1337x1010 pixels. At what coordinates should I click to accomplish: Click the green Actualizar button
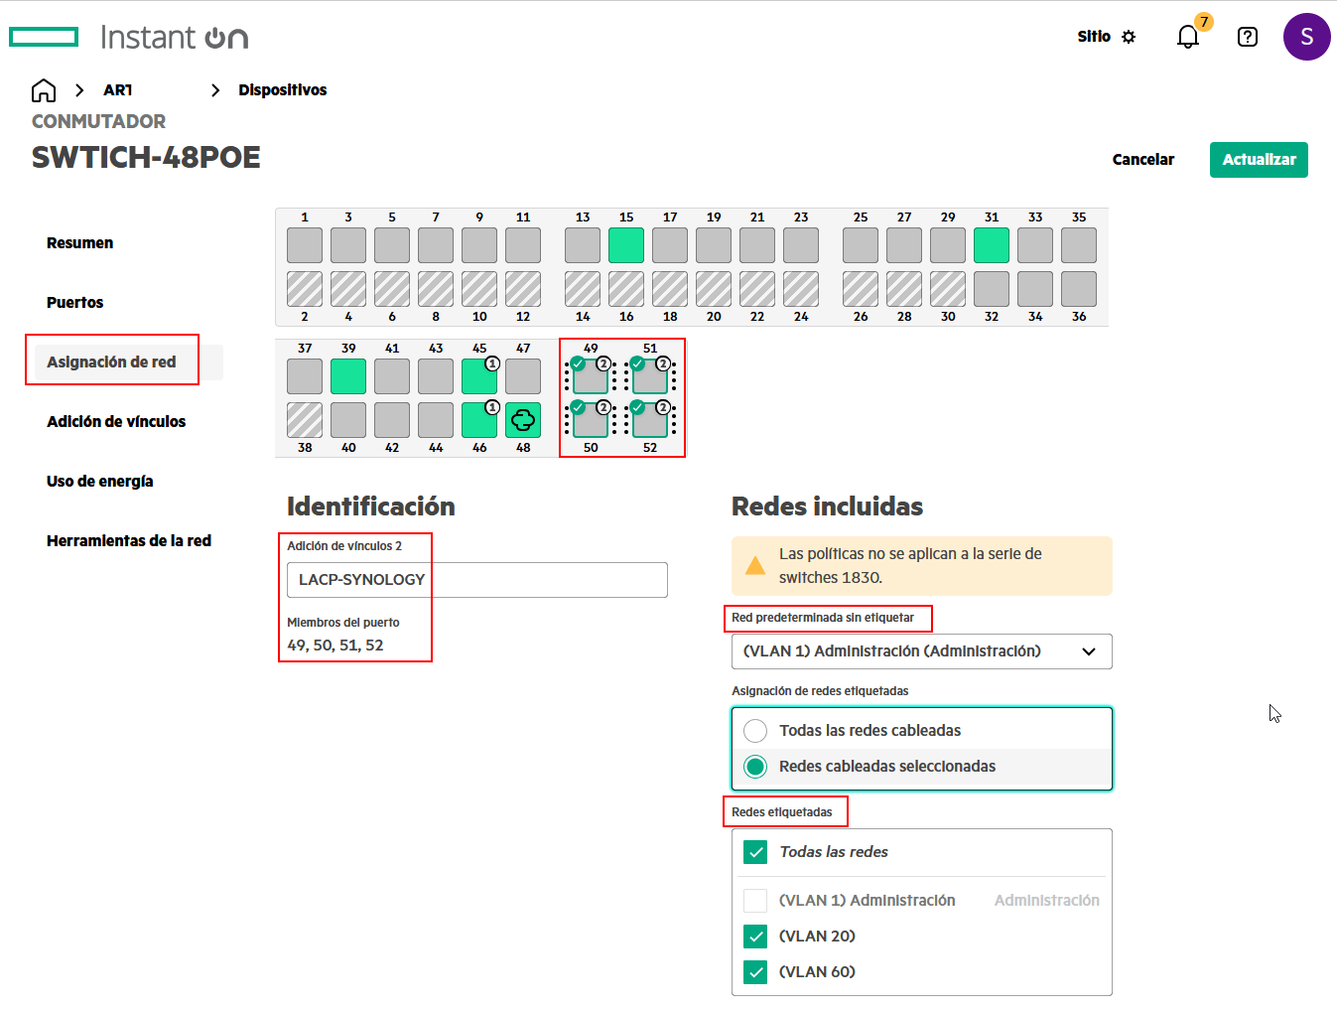tap(1258, 160)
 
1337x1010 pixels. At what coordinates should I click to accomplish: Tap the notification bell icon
tap(1187, 37)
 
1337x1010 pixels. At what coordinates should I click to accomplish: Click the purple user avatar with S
tap(1306, 37)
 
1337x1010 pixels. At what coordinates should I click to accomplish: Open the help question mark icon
tap(1247, 37)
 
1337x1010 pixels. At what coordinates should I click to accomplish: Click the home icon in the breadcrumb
tap(44, 90)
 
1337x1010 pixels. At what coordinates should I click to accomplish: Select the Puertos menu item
tap(74, 302)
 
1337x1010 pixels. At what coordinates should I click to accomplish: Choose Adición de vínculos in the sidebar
tap(116, 421)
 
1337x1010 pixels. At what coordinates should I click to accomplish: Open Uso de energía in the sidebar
tap(100, 482)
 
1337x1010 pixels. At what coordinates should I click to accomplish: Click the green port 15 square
tap(626, 245)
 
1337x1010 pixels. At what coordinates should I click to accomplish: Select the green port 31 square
tap(991, 245)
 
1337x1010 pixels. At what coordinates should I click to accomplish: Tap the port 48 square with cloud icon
tap(523, 420)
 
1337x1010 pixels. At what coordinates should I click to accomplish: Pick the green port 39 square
tap(347, 376)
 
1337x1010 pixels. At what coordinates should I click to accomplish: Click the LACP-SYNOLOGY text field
tap(477, 579)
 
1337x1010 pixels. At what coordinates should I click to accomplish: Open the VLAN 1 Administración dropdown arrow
tap(1089, 651)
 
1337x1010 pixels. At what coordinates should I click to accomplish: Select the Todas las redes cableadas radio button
tap(754, 730)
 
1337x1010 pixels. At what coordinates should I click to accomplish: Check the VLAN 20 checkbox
tap(754, 936)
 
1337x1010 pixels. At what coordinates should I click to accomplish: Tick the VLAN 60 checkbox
tap(754, 971)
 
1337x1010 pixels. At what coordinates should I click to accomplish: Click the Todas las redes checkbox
tap(754, 852)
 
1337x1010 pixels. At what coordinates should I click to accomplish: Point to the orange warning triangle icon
tap(754, 566)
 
